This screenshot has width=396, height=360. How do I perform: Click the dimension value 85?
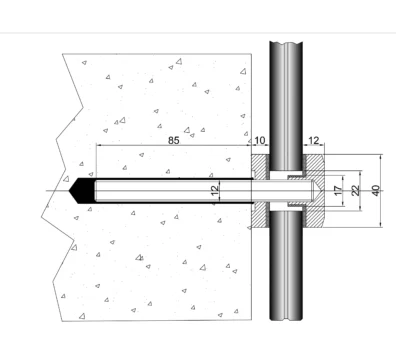click(x=173, y=140)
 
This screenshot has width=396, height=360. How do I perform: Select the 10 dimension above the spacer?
click(x=260, y=140)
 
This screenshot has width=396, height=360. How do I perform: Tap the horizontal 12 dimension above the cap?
click(x=313, y=140)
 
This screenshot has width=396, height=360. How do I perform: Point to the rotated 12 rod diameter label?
click(x=215, y=190)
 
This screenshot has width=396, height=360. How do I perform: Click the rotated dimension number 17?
click(x=338, y=191)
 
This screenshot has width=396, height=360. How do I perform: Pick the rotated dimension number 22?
click(x=356, y=191)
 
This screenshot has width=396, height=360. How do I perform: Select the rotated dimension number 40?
click(x=376, y=191)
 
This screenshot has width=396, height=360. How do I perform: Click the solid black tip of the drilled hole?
click(x=81, y=191)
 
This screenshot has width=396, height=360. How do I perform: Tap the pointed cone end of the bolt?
click(x=317, y=191)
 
